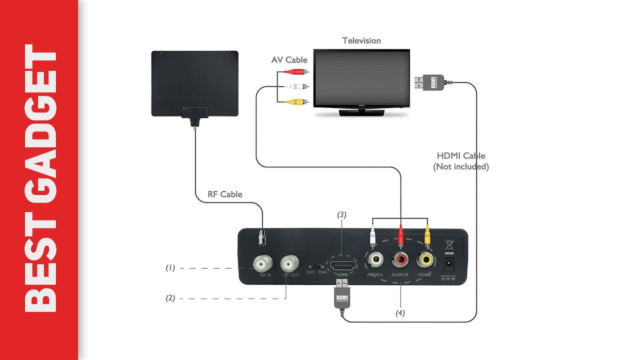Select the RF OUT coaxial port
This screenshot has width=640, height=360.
coord(289,262)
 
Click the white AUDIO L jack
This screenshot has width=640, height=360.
coord(375,259)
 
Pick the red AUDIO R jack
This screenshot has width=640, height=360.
coord(400,259)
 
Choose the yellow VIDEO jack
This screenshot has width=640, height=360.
coord(425,259)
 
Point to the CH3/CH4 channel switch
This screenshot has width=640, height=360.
coord(315,266)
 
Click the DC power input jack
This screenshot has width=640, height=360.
coord(448,264)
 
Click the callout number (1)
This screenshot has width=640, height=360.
coord(170,268)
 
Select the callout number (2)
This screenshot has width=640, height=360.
coord(170,298)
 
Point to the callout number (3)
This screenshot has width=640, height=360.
coord(341,214)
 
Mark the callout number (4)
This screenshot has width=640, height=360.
coord(400,313)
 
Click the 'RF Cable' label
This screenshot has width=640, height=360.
coord(225,194)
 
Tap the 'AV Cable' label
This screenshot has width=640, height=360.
coord(289,60)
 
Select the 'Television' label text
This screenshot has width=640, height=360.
coord(361,40)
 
